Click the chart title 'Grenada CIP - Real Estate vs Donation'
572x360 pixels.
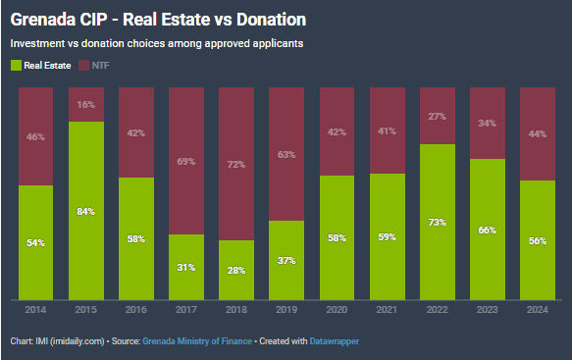(158, 20)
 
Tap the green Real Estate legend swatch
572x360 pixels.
(16, 66)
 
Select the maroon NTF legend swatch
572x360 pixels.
(84, 66)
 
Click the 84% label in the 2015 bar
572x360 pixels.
(85, 212)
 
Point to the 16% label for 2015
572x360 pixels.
(85, 105)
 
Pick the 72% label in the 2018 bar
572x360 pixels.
(236, 165)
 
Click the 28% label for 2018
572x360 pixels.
(236, 271)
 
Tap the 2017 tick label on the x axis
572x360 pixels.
(186, 310)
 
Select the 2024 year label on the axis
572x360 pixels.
(538, 310)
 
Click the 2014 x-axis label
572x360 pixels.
(35, 310)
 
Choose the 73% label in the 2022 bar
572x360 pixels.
(437, 222)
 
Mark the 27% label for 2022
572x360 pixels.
(437, 117)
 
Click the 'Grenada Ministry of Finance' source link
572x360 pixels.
(197, 341)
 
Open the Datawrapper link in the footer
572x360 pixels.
(335, 341)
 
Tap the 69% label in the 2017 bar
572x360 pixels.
(186, 161)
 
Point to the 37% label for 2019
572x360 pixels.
(286, 260)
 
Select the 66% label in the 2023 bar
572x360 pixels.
(487, 231)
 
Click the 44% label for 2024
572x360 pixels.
(538, 133)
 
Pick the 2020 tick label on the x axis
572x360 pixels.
(337, 310)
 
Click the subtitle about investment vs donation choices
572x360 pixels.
(157, 43)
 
